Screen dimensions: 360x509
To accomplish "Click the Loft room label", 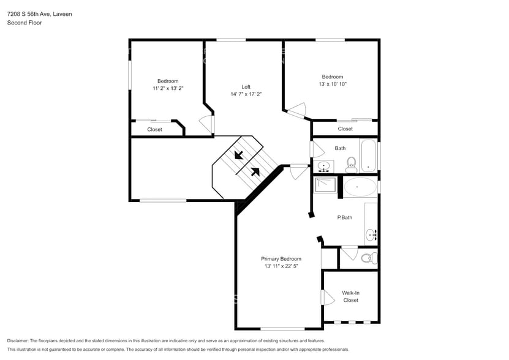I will point(246,87).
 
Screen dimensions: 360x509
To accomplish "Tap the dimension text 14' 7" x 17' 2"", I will point(246,94).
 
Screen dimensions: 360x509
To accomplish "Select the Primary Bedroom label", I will point(281,259).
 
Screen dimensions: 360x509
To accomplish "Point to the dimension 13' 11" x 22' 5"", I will point(281,266).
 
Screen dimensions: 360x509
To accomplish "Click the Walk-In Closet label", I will point(350,297).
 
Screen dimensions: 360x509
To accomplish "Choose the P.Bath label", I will point(344,217).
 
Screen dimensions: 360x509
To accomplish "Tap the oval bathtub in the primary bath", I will point(360,187).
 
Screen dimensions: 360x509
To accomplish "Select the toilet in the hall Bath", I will point(352,163).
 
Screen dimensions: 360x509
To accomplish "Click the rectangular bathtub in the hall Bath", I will point(368,156).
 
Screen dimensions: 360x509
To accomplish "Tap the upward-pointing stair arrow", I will point(255,172).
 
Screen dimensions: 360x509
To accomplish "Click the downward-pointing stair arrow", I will point(238,155).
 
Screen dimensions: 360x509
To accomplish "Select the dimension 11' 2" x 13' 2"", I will point(168,89).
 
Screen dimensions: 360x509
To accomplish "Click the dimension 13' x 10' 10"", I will point(333,84).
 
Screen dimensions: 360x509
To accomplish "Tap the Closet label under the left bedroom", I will point(154,130).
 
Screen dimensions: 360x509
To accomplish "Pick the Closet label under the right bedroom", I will point(345,129).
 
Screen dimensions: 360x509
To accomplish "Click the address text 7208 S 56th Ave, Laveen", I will point(39,13).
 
